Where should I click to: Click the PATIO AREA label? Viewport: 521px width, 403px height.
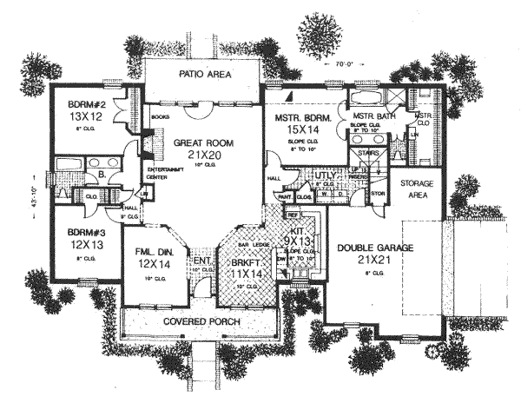click(x=204, y=76)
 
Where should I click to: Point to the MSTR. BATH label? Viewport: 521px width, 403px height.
click(x=374, y=116)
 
